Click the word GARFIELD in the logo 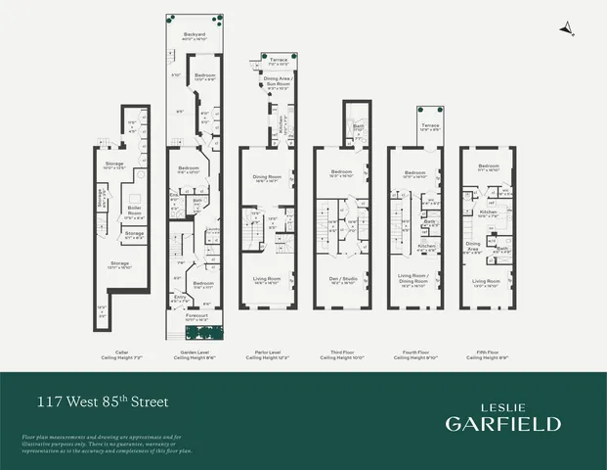pyautogui.click(x=503, y=423)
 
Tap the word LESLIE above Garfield pyautogui.click(x=503, y=403)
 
